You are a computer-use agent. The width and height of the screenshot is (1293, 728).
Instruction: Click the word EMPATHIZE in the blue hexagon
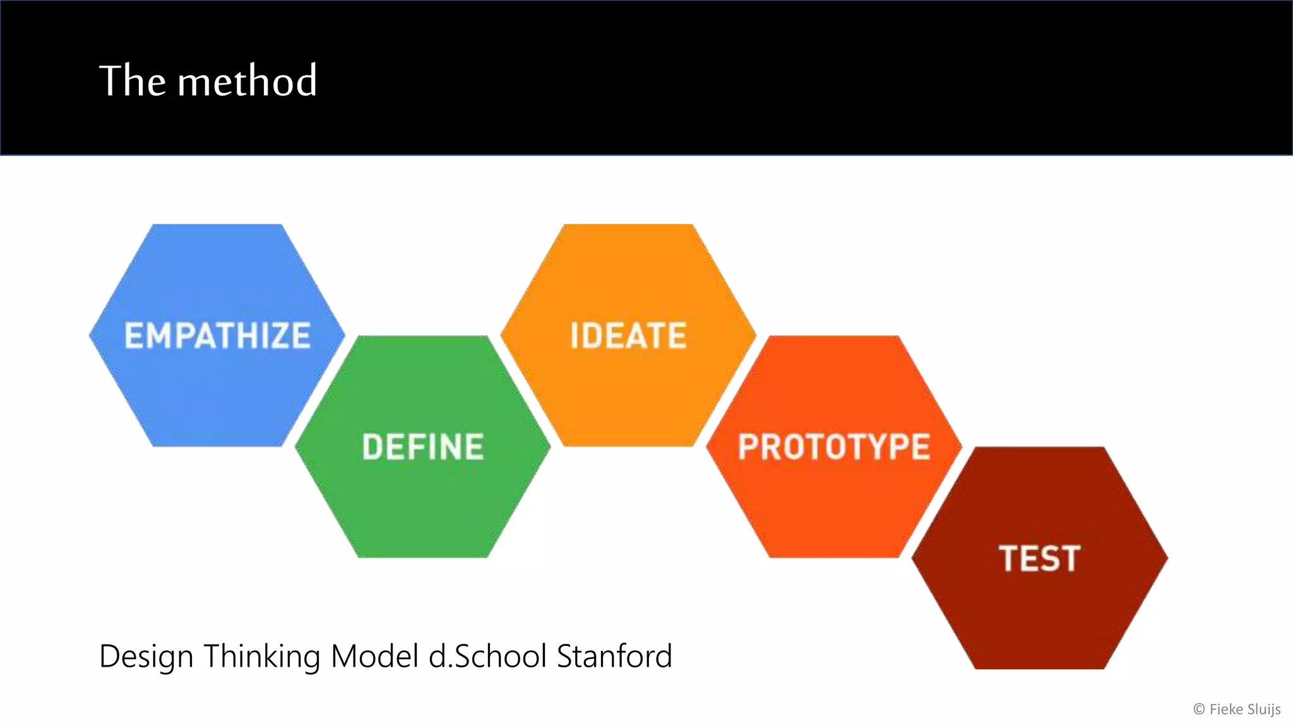[x=217, y=336]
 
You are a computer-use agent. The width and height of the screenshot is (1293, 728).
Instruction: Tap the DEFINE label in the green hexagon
[x=423, y=447]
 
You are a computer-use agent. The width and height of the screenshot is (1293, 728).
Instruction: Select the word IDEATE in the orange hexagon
[x=628, y=336]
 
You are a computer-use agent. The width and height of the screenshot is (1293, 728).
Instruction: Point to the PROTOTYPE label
[x=834, y=447]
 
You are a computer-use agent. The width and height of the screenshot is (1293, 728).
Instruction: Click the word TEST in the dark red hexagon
[x=1040, y=559]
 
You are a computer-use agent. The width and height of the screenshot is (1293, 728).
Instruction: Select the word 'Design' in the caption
[x=146, y=657]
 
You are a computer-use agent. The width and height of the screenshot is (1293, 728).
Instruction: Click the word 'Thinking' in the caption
[x=262, y=657]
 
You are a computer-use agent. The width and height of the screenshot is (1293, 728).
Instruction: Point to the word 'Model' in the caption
[x=375, y=655]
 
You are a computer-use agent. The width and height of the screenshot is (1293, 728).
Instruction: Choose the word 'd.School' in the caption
[x=487, y=655]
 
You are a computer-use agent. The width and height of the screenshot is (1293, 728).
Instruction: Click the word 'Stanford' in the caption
[x=614, y=655]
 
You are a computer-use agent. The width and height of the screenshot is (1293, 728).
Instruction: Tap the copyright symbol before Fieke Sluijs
[x=1199, y=710]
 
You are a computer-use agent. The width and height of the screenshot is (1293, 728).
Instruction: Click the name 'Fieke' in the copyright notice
[x=1226, y=709]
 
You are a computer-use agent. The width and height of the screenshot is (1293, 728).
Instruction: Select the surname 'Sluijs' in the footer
[x=1264, y=710]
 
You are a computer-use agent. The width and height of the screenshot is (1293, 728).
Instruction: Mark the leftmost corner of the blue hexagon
[x=90, y=336]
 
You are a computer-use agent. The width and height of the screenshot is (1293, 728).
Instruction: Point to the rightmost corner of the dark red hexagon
[x=1167, y=559]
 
